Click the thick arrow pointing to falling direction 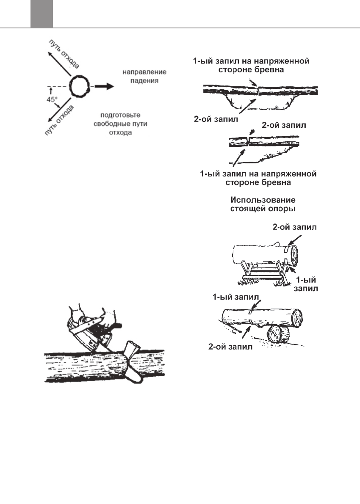103,86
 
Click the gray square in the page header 42,13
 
